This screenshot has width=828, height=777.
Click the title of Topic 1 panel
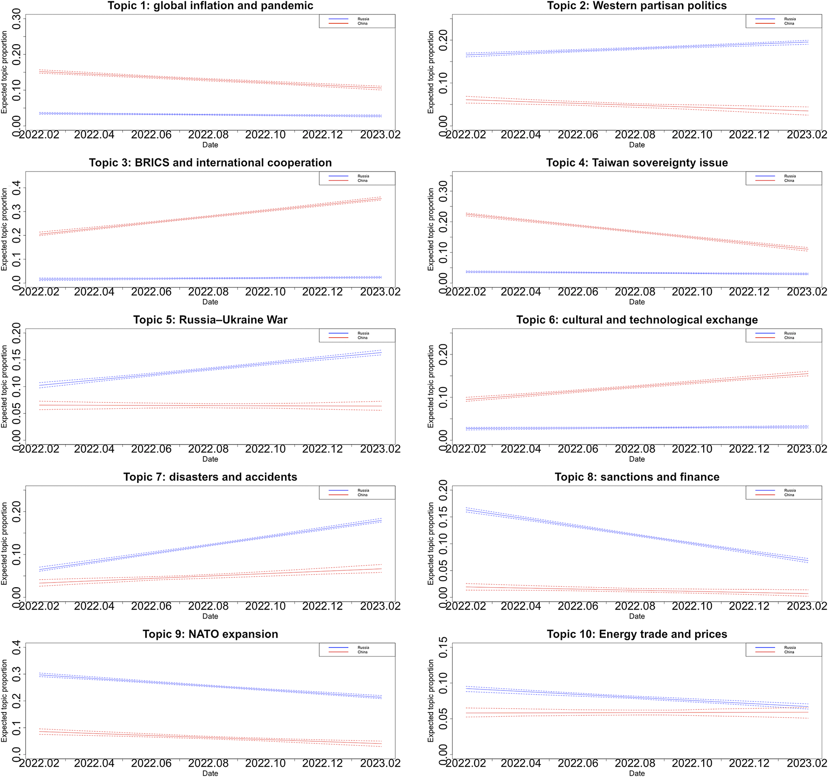210,6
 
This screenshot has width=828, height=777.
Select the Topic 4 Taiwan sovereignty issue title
636,163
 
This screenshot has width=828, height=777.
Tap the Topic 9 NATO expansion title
210,634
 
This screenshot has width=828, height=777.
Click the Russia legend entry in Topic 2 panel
789,19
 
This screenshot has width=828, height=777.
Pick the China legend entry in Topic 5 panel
362,338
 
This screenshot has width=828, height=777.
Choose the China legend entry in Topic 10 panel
789,652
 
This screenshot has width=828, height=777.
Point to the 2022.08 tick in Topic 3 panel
208,292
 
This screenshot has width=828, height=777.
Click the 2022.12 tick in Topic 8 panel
749,606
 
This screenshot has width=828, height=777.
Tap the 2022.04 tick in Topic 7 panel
94,606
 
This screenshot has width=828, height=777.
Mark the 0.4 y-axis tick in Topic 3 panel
16,188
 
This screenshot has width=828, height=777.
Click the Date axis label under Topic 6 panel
636,459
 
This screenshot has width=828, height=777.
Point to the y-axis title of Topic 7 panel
4,543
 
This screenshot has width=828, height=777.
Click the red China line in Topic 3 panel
210,216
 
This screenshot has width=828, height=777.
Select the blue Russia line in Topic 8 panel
636,536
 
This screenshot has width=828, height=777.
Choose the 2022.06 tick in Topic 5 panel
151,449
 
